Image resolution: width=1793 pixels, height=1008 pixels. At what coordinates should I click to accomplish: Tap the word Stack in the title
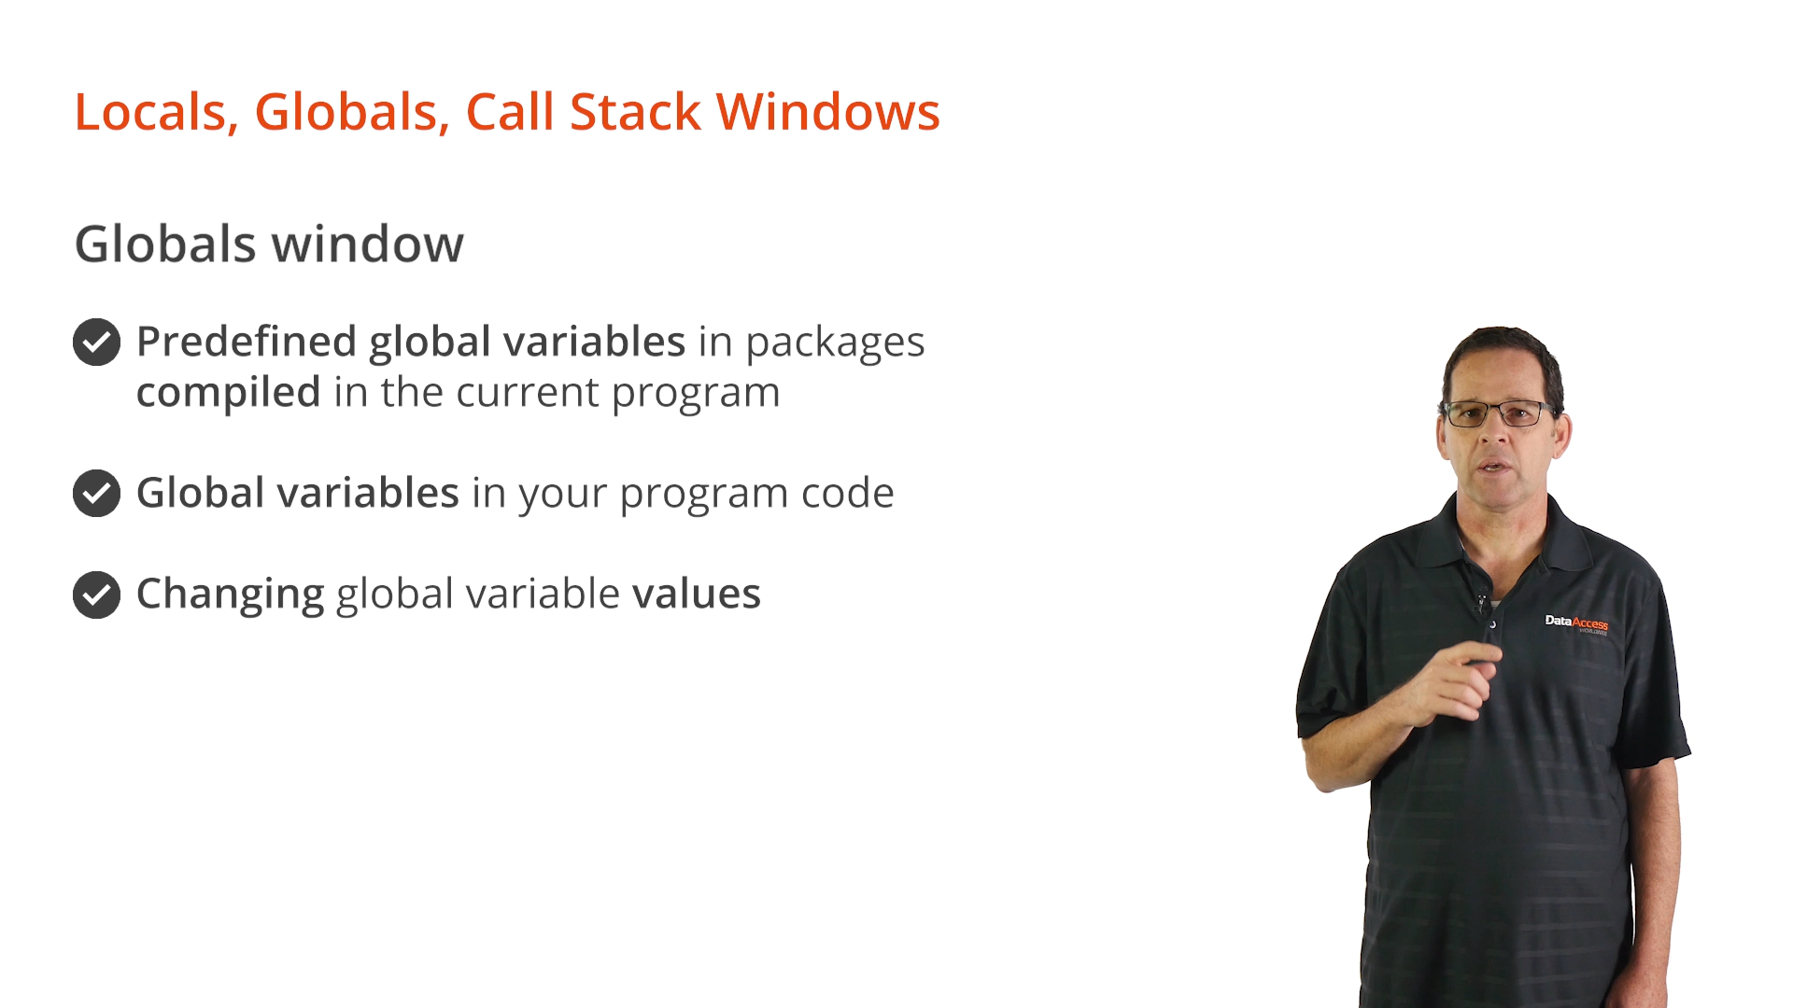coord(635,112)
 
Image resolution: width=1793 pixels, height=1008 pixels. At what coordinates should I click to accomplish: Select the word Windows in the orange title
coord(827,112)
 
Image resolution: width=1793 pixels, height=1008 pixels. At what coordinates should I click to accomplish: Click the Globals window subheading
coord(269,245)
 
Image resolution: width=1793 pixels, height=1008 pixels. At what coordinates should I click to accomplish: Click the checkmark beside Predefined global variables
coord(97,343)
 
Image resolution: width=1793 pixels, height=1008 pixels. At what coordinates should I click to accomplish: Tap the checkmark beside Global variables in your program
coord(97,493)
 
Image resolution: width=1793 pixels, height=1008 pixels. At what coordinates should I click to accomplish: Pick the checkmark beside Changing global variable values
coord(97,595)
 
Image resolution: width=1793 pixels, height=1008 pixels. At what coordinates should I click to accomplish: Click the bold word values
coord(697,595)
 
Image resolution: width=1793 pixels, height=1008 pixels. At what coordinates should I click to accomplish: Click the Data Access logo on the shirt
coord(1576,623)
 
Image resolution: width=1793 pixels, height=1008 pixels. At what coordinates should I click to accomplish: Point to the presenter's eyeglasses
coord(1499,413)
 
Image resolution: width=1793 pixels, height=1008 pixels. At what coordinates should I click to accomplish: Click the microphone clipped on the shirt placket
coord(1482,602)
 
